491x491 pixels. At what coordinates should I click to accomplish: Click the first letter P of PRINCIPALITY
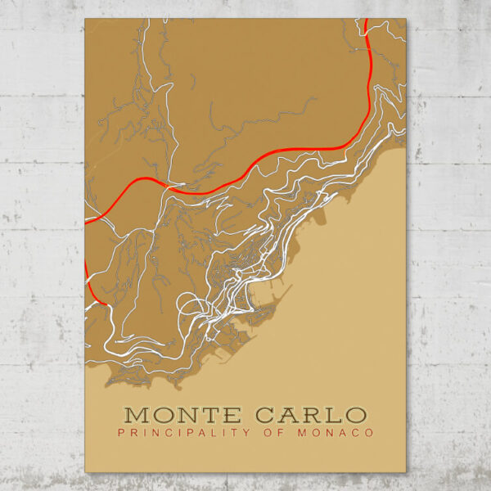pyautogui.click(x=121, y=432)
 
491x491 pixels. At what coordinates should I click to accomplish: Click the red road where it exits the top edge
pyautogui.click(x=367, y=22)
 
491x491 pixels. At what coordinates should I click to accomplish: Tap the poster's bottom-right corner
pyautogui.click(x=406, y=472)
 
